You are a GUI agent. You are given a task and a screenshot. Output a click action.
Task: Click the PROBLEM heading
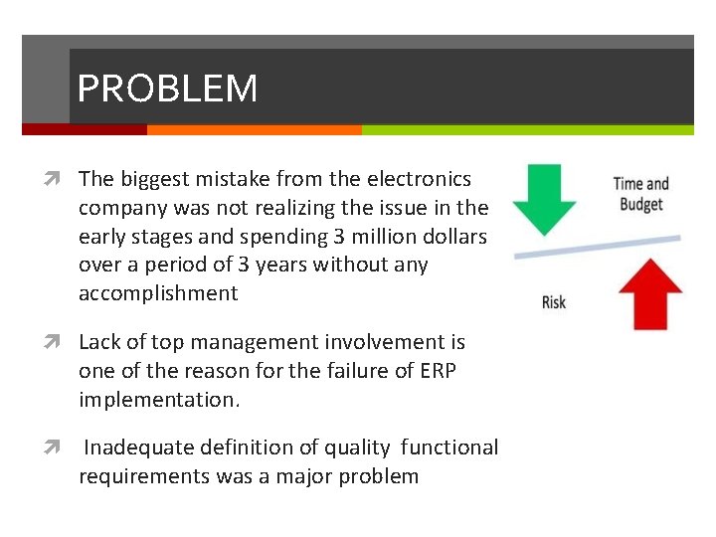pos(167,89)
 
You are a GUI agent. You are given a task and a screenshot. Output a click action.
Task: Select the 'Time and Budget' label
pos(640,193)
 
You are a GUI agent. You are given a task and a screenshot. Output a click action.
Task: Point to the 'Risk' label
pos(554,302)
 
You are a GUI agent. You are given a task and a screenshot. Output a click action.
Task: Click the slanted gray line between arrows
pos(597,247)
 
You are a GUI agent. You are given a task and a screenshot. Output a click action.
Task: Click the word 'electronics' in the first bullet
pos(418,179)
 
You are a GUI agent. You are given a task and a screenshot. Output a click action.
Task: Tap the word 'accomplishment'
pos(158,293)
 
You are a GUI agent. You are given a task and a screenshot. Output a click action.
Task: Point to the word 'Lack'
pos(99,342)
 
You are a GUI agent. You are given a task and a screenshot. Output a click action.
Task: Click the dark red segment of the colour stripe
pos(85,129)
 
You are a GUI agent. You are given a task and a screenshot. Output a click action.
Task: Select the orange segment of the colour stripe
pos(254,129)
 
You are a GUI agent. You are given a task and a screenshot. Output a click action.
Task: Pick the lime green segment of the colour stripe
pos(527,129)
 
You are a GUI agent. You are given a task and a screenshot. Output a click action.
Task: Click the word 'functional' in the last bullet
pos(448,447)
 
